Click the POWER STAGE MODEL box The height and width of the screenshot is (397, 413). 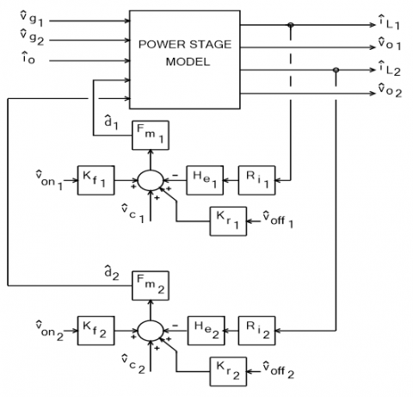(x=186, y=53)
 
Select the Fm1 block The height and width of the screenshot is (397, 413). (x=149, y=136)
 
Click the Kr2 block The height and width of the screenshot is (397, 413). (x=225, y=371)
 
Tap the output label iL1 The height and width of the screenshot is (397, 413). (x=389, y=24)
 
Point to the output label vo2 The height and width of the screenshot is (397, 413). (x=389, y=89)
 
